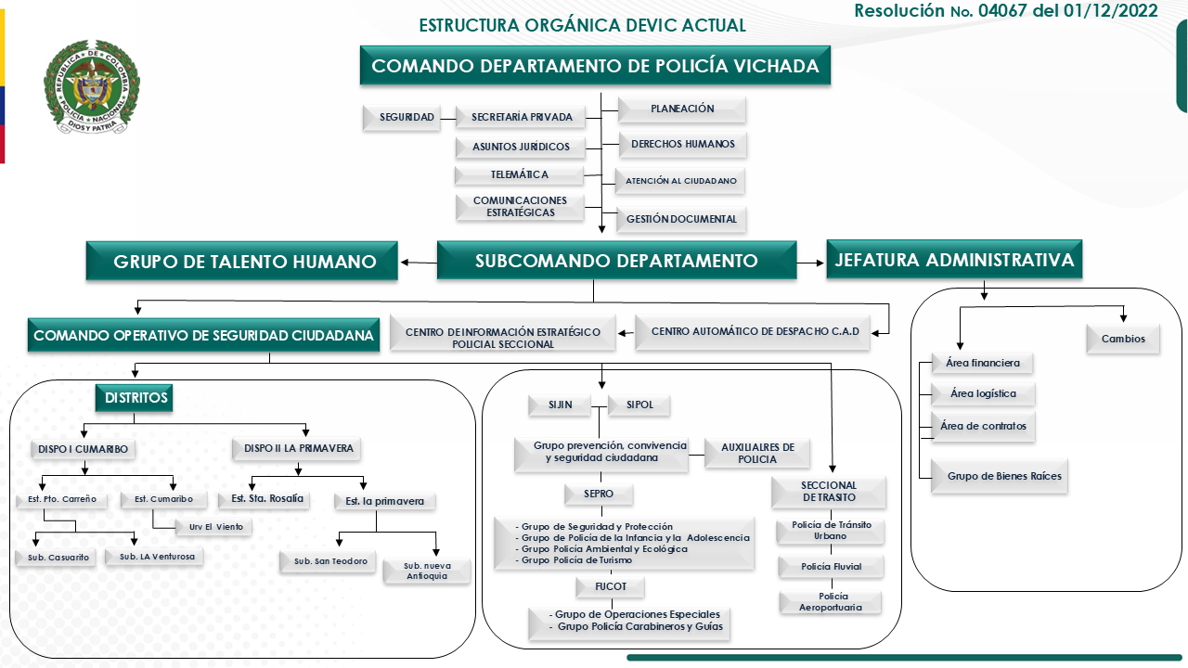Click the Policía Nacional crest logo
[x=91, y=87]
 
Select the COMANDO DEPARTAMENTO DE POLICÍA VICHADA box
[x=595, y=66]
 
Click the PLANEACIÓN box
[x=682, y=109]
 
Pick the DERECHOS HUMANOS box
[x=683, y=144]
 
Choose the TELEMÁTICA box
[x=519, y=174]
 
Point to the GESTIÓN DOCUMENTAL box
[x=681, y=220]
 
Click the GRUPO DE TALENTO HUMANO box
[x=244, y=262]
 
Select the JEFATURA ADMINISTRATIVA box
[x=954, y=260]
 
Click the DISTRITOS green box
[x=135, y=398]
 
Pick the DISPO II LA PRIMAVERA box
[x=298, y=448]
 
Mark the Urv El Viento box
[x=214, y=526]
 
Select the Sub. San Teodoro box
[x=330, y=561]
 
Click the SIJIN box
[x=560, y=405]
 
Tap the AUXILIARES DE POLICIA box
[x=757, y=453]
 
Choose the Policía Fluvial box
[x=832, y=566]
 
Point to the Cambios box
[x=1123, y=339]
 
